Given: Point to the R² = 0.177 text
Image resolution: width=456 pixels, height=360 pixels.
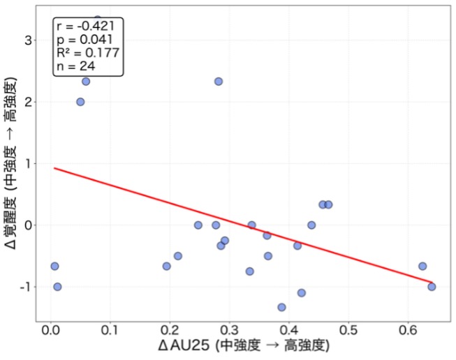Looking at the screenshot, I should point(87,53).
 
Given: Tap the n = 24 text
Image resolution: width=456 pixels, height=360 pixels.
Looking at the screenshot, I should point(76,66).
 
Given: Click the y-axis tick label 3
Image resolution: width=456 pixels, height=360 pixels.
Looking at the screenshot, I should point(27,40).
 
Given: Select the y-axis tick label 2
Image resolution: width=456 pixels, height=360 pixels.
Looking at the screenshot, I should point(27,102).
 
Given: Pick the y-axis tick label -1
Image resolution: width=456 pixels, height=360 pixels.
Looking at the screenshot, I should point(24,287).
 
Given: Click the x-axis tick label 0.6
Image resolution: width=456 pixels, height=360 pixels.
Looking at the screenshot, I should point(409,329).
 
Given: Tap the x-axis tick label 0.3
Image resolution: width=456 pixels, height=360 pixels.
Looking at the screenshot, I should point(230,329).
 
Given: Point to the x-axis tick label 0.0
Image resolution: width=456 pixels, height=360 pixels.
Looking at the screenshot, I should point(50,329).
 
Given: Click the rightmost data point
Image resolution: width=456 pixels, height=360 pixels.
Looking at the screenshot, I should point(432,287).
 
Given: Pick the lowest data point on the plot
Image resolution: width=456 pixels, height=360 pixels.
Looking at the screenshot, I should point(281,307).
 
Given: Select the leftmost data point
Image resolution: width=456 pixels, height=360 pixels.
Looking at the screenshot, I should point(54,266).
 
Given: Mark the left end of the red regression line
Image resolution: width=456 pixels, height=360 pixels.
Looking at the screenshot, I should point(54,168).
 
